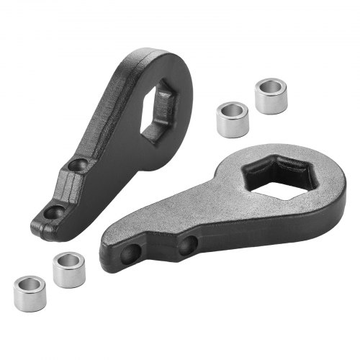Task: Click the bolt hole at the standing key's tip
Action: pyautogui.click(x=53, y=212)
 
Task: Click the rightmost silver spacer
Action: pyautogui.click(x=271, y=96)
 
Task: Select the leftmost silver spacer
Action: pyautogui.click(x=30, y=293)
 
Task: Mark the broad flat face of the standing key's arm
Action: pyautogui.click(x=115, y=144)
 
